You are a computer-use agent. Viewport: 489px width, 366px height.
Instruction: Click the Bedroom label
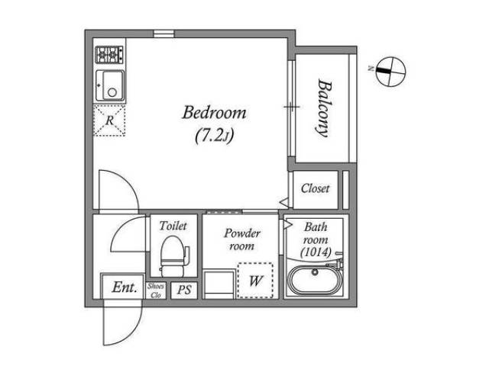point(214,113)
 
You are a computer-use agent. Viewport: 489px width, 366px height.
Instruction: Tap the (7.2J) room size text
point(215,136)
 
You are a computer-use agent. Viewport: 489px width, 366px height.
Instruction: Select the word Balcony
point(324,108)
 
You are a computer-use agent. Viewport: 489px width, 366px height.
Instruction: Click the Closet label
point(315,188)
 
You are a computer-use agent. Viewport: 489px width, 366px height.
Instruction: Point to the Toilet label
point(173,226)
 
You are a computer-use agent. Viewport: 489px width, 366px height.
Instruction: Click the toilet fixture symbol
point(174,256)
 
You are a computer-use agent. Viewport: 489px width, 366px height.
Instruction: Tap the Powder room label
point(242,239)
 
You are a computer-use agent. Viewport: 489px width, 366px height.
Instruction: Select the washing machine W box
point(255,281)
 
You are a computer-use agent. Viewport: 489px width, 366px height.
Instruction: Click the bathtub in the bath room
point(315,281)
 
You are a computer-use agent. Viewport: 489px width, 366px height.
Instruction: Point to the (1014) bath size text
point(316,252)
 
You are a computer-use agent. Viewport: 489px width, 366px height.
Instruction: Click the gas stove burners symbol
point(109,54)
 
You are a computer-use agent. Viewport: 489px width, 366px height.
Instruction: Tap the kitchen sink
point(110,85)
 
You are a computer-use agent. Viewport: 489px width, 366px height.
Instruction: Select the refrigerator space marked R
point(109,120)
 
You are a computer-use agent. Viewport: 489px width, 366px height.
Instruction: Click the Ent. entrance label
point(125,287)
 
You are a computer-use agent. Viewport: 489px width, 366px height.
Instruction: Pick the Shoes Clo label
point(156,291)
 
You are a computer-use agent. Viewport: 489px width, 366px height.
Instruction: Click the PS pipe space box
point(184,291)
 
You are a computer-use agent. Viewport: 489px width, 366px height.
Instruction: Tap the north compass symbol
point(390,71)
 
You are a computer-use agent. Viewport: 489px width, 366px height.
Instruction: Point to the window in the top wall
point(164,34)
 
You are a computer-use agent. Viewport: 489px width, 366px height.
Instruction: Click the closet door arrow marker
point(284,202)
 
